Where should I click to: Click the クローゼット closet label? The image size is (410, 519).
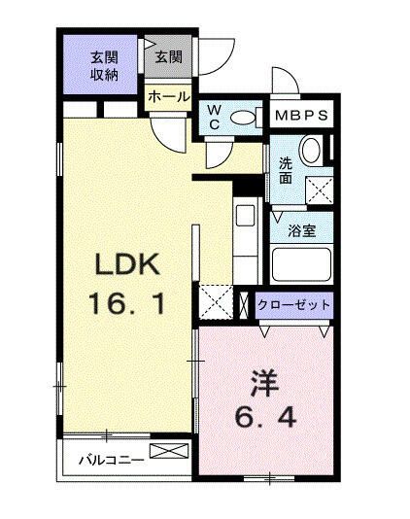click(x=294, y=305)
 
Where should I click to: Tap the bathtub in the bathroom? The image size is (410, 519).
click(x=301, y=264)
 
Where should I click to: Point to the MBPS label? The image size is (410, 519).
click(x=302, y=116)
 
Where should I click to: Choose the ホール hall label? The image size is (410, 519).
click(x=168, y=97)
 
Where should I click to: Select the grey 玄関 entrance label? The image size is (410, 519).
click(x=167, y=57)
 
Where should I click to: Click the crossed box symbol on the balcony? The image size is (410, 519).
click(x=165, y=452)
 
